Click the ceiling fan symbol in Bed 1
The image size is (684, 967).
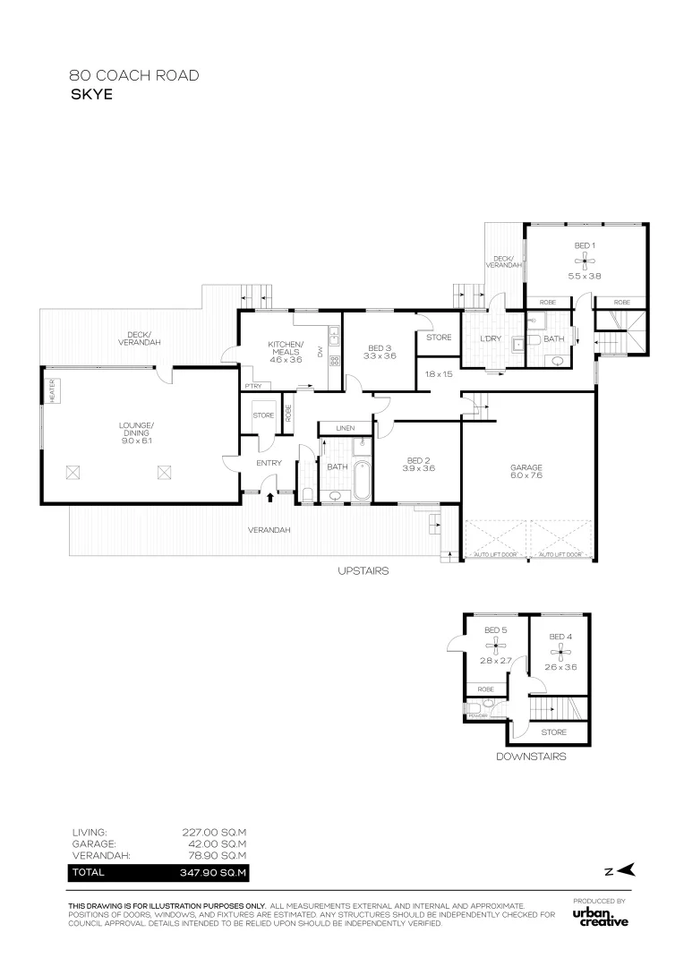[x=585, y=260]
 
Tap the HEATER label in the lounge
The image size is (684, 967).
[x=52, y=391]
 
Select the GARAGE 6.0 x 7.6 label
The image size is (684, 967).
[x=526, y=472]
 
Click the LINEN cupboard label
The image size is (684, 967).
[x=345, y=429]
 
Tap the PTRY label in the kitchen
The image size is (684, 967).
[x=252, y=386]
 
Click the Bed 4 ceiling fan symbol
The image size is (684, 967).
[x=560, y=650]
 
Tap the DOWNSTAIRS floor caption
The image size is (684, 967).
[x=531, y=757]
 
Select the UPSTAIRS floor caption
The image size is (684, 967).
[x=363, y=570]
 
